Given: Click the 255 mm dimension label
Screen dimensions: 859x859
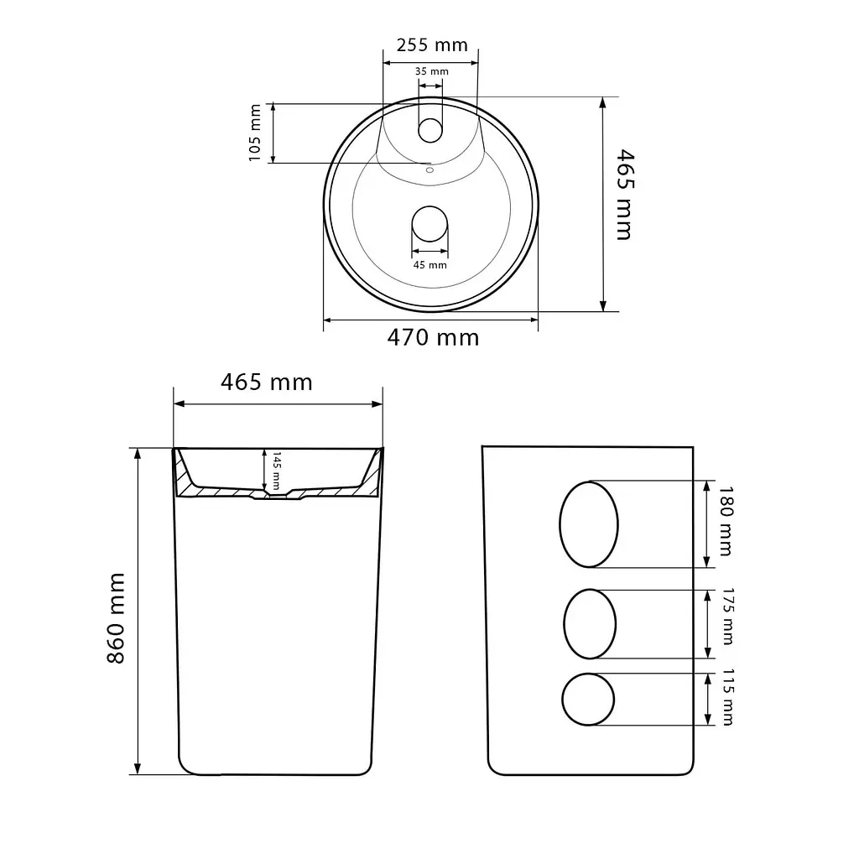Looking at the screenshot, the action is [x=432, y=45].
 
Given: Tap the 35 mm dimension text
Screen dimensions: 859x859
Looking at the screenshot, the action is [x=432, y=71].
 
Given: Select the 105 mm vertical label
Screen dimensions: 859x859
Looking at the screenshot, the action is [x=255, y=133].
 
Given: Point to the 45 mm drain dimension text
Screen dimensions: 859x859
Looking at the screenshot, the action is [x=430, y=265].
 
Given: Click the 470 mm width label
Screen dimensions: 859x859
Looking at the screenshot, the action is [x=433, y=337].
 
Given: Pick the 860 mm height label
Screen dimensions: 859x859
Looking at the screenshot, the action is [x=116, y=618].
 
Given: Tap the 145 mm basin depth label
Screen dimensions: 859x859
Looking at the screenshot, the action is [x=277, y=471].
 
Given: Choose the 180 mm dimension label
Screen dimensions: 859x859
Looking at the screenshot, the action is [x=726, y=521].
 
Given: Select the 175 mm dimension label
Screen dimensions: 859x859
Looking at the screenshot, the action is [x=727, y=617].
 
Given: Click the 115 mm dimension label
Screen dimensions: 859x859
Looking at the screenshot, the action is [x=727, y=697].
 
